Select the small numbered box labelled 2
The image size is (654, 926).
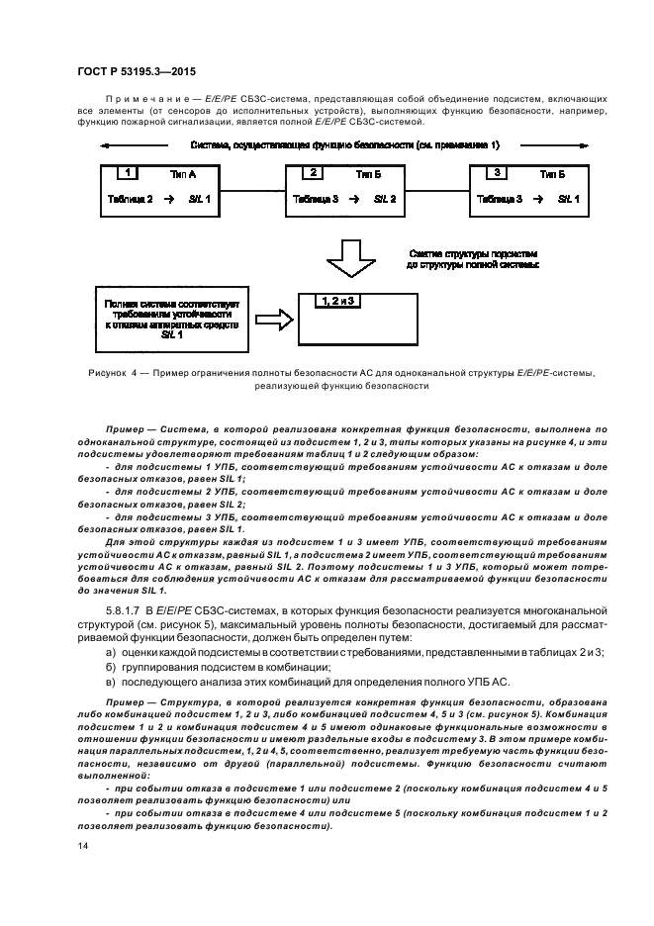tap(314, 173)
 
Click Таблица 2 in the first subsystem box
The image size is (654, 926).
tap(129, 199)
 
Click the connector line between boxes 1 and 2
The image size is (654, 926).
tap(248, 187)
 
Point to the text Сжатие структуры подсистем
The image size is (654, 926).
tap(474, 253)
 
